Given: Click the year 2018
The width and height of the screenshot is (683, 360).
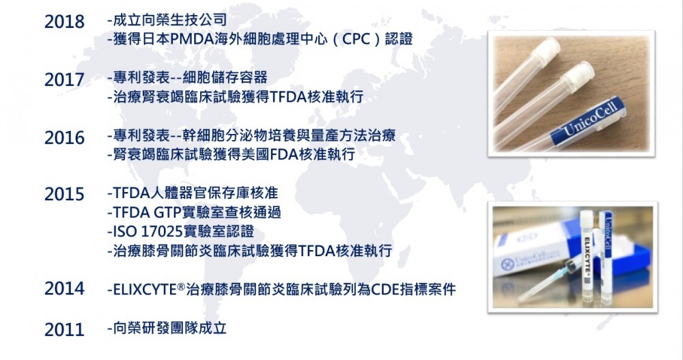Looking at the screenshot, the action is point(64,22).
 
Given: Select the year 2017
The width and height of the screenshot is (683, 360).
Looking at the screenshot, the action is point(64,80).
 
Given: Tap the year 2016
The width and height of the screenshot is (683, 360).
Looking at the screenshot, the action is point(64,138).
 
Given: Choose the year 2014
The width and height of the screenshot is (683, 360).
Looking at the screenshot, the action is point(64,288).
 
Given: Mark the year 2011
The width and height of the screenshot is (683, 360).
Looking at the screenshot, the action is point(64,329).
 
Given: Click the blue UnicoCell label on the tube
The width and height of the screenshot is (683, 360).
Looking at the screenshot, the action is point(587,122).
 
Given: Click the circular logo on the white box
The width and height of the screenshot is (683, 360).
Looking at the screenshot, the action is point(507,264).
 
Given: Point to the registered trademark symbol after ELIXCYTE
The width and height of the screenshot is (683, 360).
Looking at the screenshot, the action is point(181,286).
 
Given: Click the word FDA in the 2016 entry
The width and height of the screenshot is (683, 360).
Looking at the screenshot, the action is point(285,154).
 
